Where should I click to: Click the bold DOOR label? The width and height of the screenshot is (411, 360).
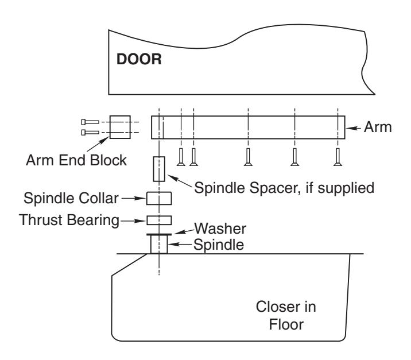tap(139, 59)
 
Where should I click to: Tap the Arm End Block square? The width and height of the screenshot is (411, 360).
tap(120, 127)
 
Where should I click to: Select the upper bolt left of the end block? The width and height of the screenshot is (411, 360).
tap(90, 122)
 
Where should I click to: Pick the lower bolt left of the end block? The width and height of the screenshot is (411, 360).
tap(90, 133)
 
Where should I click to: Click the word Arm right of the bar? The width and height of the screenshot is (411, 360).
tap(378, 127)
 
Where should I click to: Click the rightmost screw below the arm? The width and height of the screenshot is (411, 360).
tap(338, 157)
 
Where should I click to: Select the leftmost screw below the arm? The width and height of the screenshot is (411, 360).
tap(181, 157)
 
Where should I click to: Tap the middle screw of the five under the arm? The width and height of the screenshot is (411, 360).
tap(248, 157)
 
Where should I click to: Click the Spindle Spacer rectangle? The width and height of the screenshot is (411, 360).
tap(159, 169)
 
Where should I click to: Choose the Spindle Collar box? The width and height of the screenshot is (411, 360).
tap(159, 198)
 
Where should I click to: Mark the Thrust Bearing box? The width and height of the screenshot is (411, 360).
tap(159, 220)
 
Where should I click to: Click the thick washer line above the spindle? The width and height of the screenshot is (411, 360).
tap(159, 234)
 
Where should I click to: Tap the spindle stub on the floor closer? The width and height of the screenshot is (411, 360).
tap(159, 245)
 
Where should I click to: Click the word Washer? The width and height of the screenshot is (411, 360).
tap(220, 229)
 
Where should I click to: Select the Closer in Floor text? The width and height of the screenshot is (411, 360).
tap(286, 315)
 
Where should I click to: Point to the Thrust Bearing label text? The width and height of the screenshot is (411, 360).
tap(69, 220)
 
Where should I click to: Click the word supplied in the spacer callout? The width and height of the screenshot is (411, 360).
tap(346, 188)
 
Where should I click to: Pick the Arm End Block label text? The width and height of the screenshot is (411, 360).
tap(76, 160)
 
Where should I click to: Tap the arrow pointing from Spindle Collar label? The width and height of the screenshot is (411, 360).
tap(133, 198)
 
